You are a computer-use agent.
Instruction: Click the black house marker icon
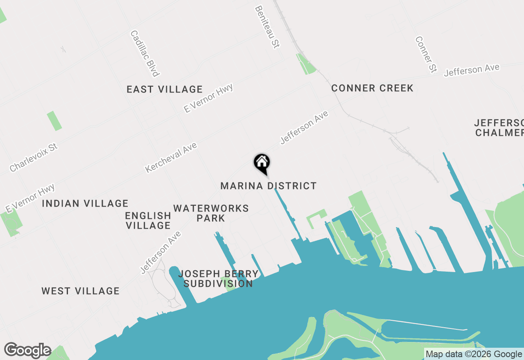(x=262, y=163)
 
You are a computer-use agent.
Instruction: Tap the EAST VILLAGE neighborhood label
(x=165, y=89)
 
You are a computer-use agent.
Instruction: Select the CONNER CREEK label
(x=372, y=88)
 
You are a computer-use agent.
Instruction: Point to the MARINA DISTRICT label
(x=269, y=186)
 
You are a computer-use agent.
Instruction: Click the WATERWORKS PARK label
(x=211, y=213)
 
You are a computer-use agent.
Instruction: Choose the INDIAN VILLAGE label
(x=85, y=203)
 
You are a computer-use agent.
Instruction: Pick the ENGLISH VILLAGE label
(x=148, y=220)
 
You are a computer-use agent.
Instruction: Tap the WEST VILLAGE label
(x=81, y=291)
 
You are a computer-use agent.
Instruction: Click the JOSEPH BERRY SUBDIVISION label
(x=218, y=279)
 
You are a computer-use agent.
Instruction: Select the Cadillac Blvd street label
(x=145, y=53)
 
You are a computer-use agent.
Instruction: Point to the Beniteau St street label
(x=267, y=27)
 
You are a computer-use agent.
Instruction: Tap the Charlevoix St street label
(x=34, y=157)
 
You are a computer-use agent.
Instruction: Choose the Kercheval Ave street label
(x=171, y=157)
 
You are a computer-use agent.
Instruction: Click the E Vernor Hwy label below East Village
(x=208, y=98)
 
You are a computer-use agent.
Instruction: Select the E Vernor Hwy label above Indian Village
(x=30, y=198)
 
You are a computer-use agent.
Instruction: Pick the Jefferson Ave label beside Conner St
(x=472, y=70)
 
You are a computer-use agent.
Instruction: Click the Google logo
(x=27, y=350)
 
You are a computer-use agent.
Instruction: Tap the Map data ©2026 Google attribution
(x=474, y=354)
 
